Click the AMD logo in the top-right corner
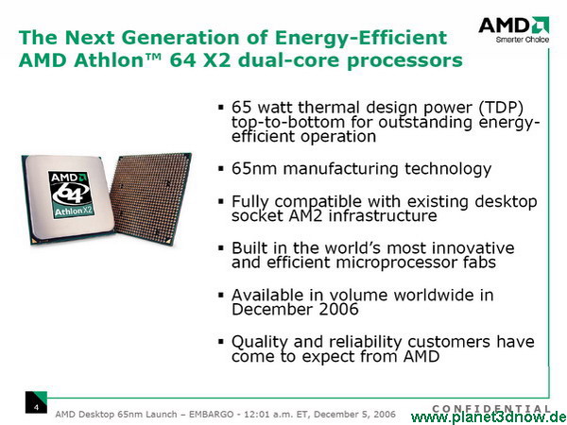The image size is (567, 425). (514, 25)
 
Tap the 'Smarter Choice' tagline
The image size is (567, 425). (523, 40)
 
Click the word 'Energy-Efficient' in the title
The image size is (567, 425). (361, 38)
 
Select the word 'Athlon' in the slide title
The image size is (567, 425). (110, 60)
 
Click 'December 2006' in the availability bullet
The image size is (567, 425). (295, 310)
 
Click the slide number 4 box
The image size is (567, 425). (36, 402)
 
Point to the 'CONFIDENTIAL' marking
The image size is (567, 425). (491, 409)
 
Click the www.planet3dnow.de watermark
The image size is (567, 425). (489, 418)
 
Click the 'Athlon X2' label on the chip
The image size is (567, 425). (74, 211)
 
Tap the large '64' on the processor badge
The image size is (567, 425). (71, 192)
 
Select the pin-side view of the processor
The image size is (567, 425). (151, 198)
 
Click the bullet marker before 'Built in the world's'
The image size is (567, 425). (221, 247)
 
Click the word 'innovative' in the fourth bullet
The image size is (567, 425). (473, 248)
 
